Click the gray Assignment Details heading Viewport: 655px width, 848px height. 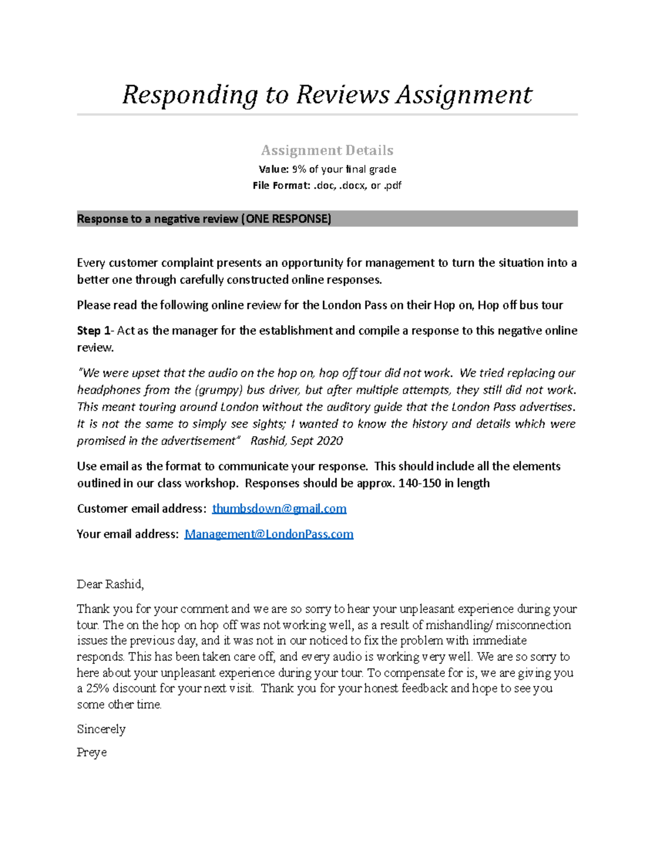coord(327,150)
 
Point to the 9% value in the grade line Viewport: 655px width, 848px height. coord(299,169)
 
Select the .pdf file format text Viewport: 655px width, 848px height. coord(392,186)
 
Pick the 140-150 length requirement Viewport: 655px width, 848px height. coord(420,483)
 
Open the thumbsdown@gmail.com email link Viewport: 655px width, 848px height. coord(279,509)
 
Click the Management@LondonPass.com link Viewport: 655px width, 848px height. coord(269,534)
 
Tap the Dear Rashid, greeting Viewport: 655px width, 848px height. coord(110,584)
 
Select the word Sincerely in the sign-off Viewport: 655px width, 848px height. coord(101,730)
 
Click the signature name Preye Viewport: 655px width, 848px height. coord(92,752)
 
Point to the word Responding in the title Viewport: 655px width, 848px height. coord(189,95)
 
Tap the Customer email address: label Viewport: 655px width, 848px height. coord(141,509)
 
